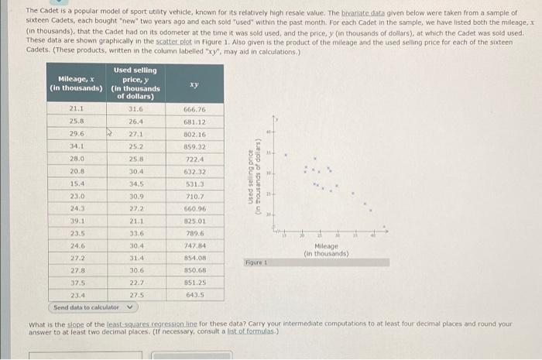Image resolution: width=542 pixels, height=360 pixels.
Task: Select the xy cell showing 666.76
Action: [194, 109]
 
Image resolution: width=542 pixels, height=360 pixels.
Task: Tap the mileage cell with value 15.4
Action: [77, 183]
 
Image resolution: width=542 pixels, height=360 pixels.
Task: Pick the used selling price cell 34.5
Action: [136, 183]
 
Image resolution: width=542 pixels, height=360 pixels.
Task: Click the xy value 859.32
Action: [194, 146]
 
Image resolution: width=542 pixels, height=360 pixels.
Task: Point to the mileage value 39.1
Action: [77, 221]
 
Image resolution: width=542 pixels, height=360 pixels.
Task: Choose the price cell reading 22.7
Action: [136, 283]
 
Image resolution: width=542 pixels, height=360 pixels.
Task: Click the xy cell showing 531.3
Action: [194, 183]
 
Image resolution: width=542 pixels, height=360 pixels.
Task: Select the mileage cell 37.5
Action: [77, 283]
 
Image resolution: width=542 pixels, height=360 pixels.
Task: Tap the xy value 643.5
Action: [194, 295]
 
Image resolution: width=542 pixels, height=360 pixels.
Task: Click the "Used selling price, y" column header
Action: [136, 83]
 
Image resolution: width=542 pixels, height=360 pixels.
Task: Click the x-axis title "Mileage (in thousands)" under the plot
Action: [326, 249]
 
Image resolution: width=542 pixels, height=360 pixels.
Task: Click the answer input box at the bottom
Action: [85, 355]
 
